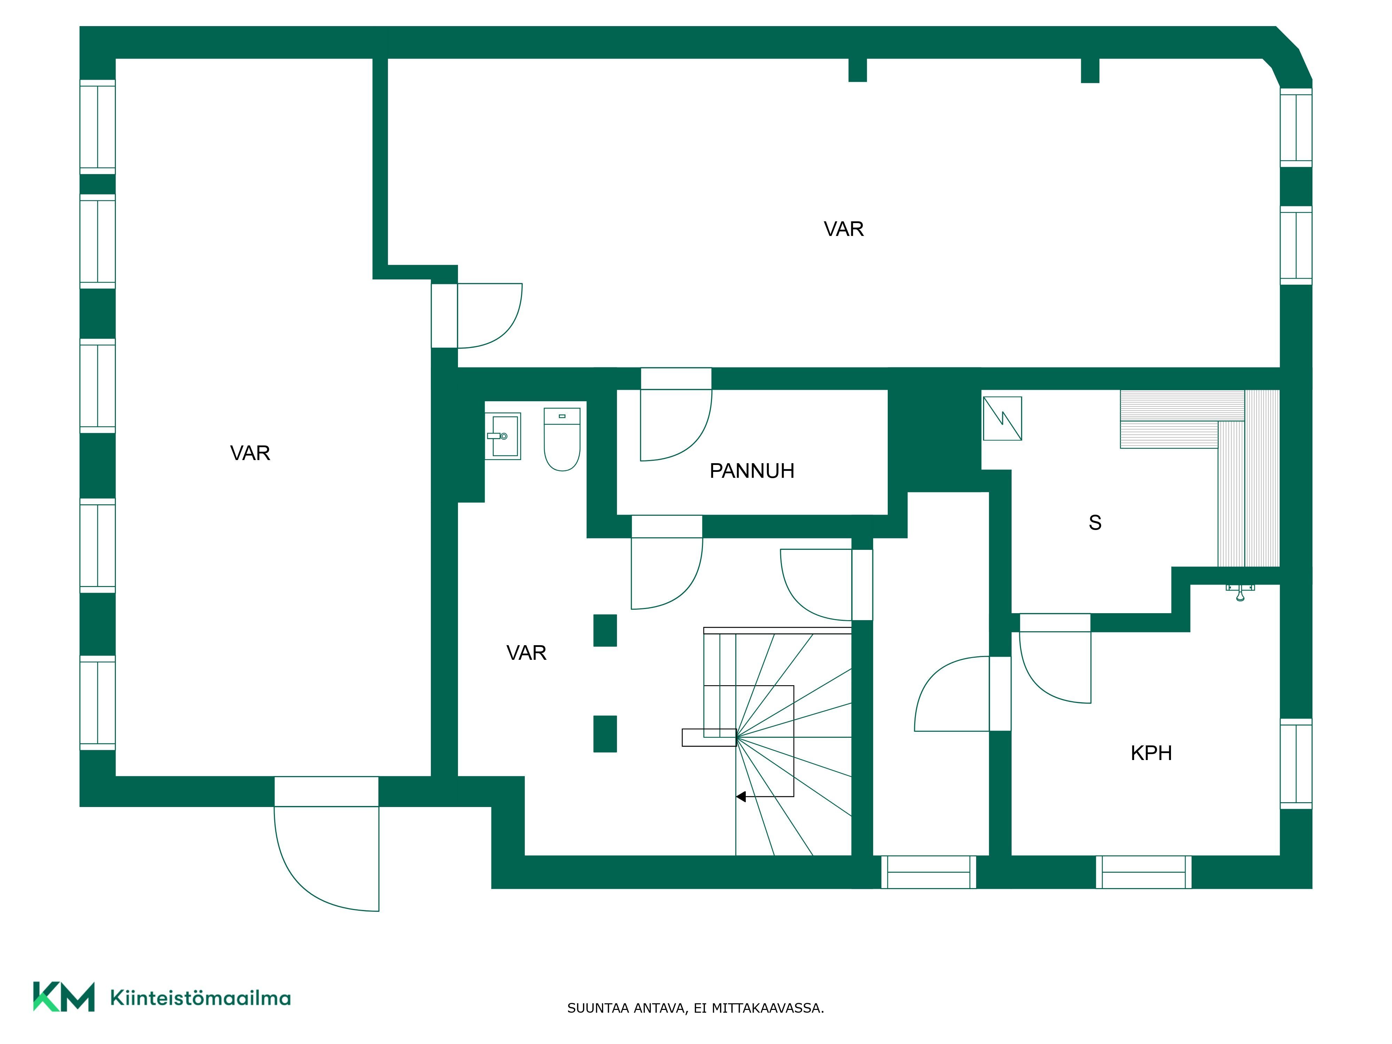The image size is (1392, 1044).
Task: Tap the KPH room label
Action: [x=1151, y=753]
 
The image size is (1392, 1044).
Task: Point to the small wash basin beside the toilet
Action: [x=503, y=436]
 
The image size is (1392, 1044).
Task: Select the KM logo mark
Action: [x=64, y=997]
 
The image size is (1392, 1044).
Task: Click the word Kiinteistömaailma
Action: [x=200, y=998]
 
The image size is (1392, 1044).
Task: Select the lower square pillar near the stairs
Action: [x=605, y=734]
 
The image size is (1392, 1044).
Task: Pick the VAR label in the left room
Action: [x=250, y=453]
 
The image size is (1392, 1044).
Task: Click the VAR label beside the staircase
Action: [x=526, y=653]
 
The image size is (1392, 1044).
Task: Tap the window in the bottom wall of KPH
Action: [x=1144, y=872]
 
